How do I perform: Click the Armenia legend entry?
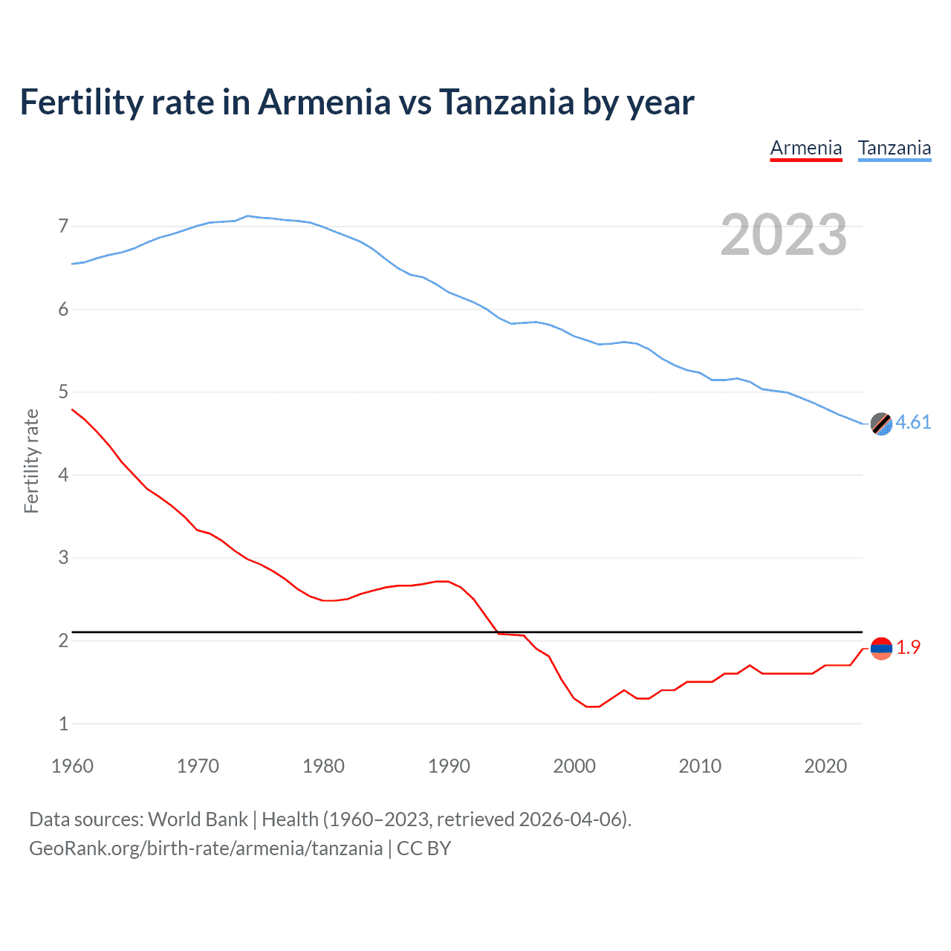(806, 149)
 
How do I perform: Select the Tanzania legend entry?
(895, 149)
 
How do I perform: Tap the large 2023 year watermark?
(783, 235)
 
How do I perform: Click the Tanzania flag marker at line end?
(881, 423)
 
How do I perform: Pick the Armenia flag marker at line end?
(881, 649)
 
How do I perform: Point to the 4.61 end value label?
(913, 423)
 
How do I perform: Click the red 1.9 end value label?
(908, 648)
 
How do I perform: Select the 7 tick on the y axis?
(63, 226)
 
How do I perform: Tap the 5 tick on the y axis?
(63, 392)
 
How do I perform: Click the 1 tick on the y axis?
(63, 724)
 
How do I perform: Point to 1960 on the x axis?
(72, 766)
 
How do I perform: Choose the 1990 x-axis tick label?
(449, 766)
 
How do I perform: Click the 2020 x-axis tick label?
(825, 766)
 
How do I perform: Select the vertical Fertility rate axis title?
(31, 461)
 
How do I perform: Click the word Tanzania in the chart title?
(506, 103)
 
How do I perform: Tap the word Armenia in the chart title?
(324, 103)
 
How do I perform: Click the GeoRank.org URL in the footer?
(206, 848)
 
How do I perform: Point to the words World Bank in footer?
(198, 819)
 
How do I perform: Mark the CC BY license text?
(423, 848)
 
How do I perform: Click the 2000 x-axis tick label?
(574, 766)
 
